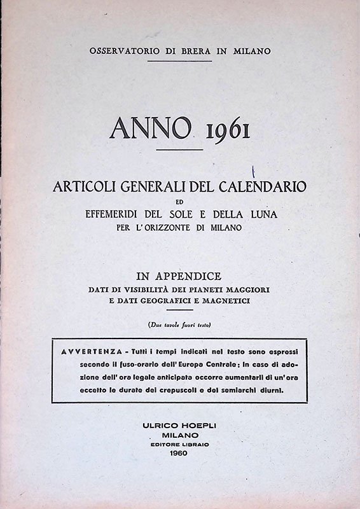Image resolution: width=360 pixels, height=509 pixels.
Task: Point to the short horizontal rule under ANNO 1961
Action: tap(179, 149)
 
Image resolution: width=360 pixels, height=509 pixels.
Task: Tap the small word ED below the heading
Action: tap(180, 202)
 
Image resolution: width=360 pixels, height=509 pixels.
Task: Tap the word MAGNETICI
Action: tap(226, 300)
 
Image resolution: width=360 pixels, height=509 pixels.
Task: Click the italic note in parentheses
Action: tap(180, 325)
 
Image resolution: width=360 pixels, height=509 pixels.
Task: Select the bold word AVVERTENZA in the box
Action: tap(90, 351)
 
